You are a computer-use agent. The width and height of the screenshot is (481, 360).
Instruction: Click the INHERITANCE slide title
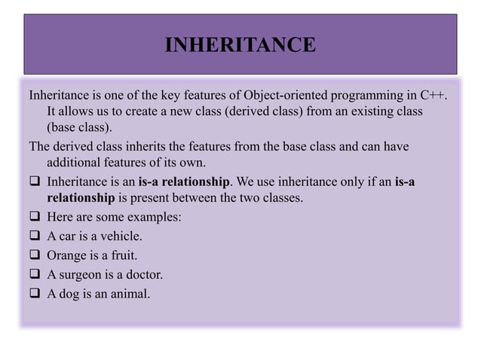[240, 45]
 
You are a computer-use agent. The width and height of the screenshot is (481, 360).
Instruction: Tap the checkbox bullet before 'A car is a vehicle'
[35, 236]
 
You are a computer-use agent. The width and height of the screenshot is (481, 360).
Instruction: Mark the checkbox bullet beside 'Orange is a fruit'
[35, 255]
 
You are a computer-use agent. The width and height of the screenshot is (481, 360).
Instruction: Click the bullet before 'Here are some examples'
[35, 218]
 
